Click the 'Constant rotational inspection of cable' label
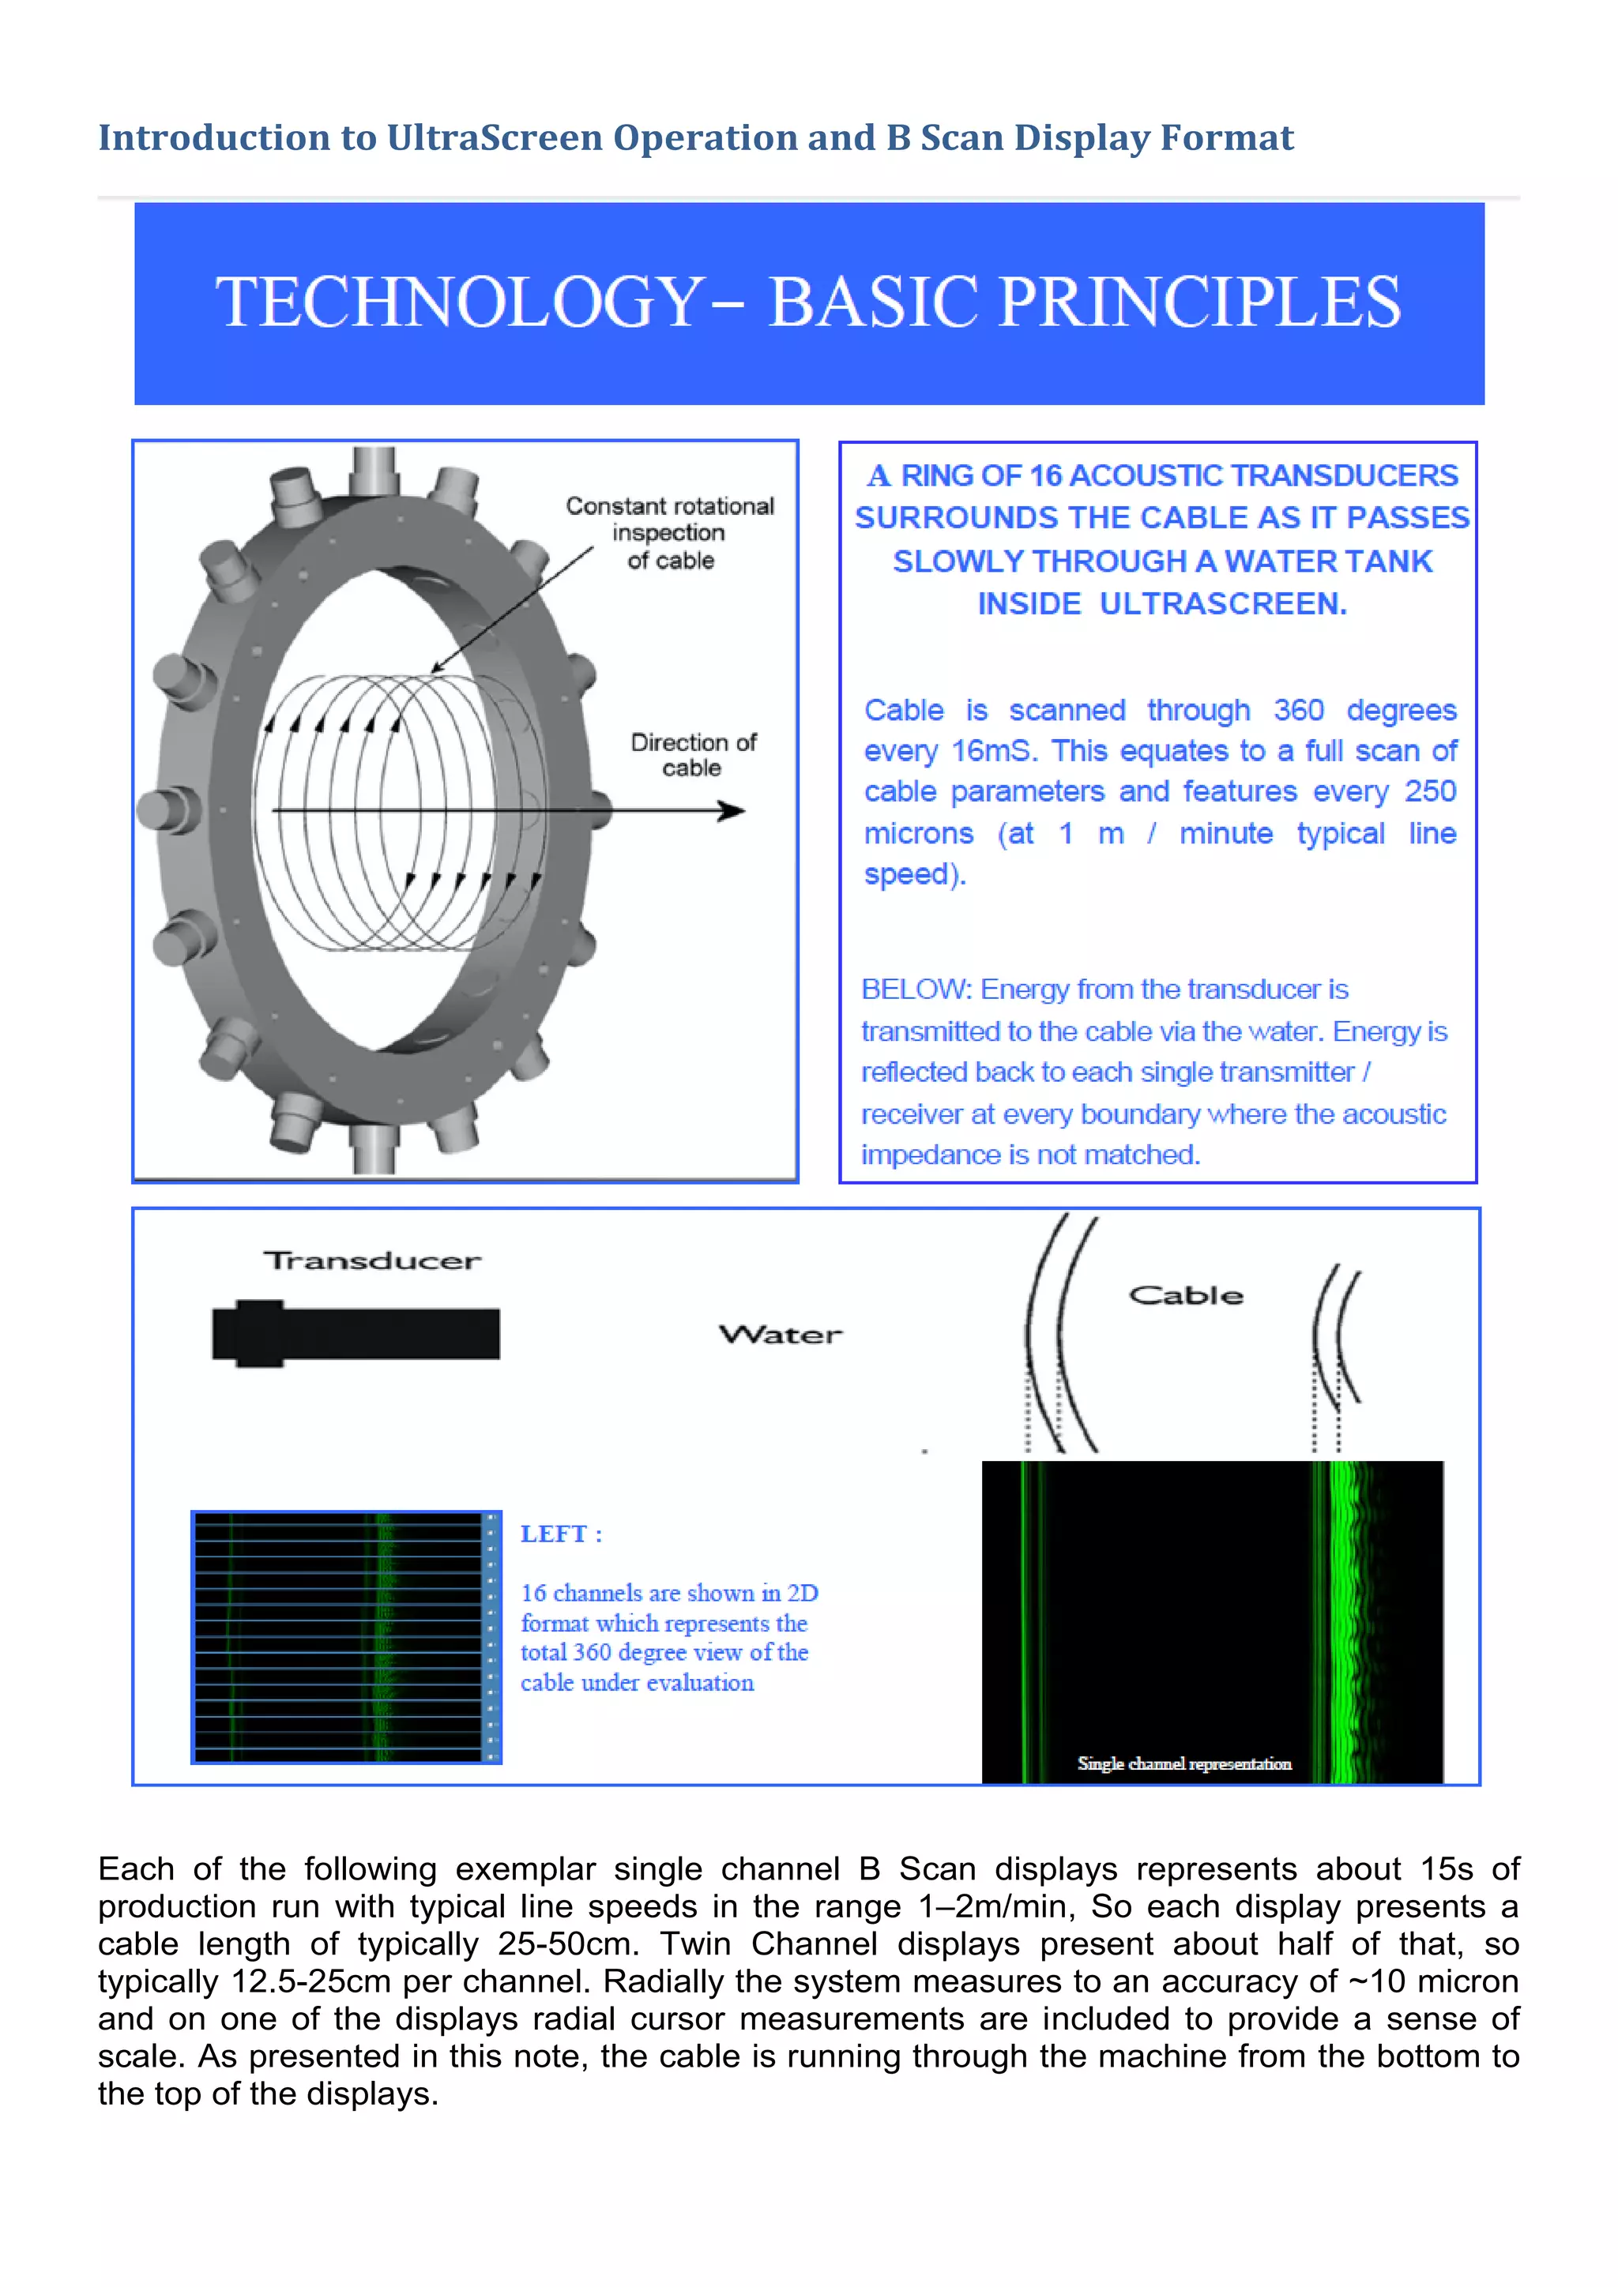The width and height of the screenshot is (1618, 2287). [x=669, y=533]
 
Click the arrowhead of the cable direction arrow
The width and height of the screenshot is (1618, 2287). [x=733, y=811]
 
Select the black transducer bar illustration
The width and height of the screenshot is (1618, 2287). [x=356, y=1334]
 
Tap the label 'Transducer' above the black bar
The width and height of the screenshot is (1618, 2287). [x=371, y=1261]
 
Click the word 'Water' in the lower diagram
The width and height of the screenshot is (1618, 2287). [x=780, y=1335]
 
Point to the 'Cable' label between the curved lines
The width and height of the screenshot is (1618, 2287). [x=1186, y=1295]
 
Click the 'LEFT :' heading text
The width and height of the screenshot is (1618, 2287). [x=561, y=1534]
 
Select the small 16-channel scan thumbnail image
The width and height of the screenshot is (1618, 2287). [x=346, y=1636]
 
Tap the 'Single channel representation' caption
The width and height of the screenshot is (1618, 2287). [x=1183, y=1763]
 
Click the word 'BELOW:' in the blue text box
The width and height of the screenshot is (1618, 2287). [x=916, y=989]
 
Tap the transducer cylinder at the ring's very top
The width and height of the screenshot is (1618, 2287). [x=374, y=468]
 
